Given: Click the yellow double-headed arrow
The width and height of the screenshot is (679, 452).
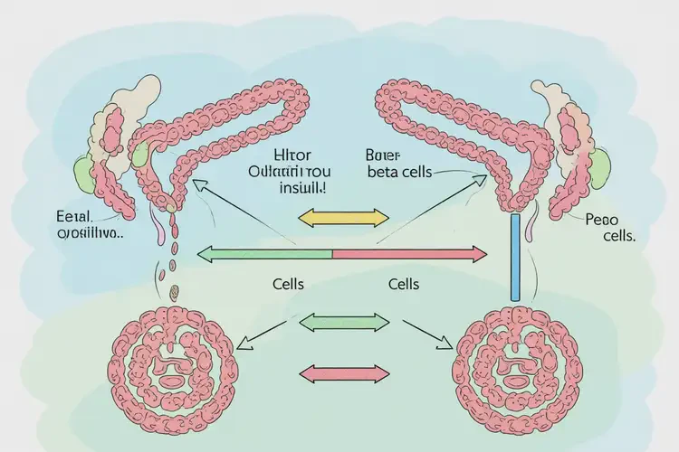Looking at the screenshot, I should click(x=343, y=217).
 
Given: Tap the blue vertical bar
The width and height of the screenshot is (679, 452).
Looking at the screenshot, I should click(x=515, y=257).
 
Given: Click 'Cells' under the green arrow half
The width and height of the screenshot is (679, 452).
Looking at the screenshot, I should click(x=288, y=284).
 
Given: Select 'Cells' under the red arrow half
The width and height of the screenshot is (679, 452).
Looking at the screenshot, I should click(x=403, y=284).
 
